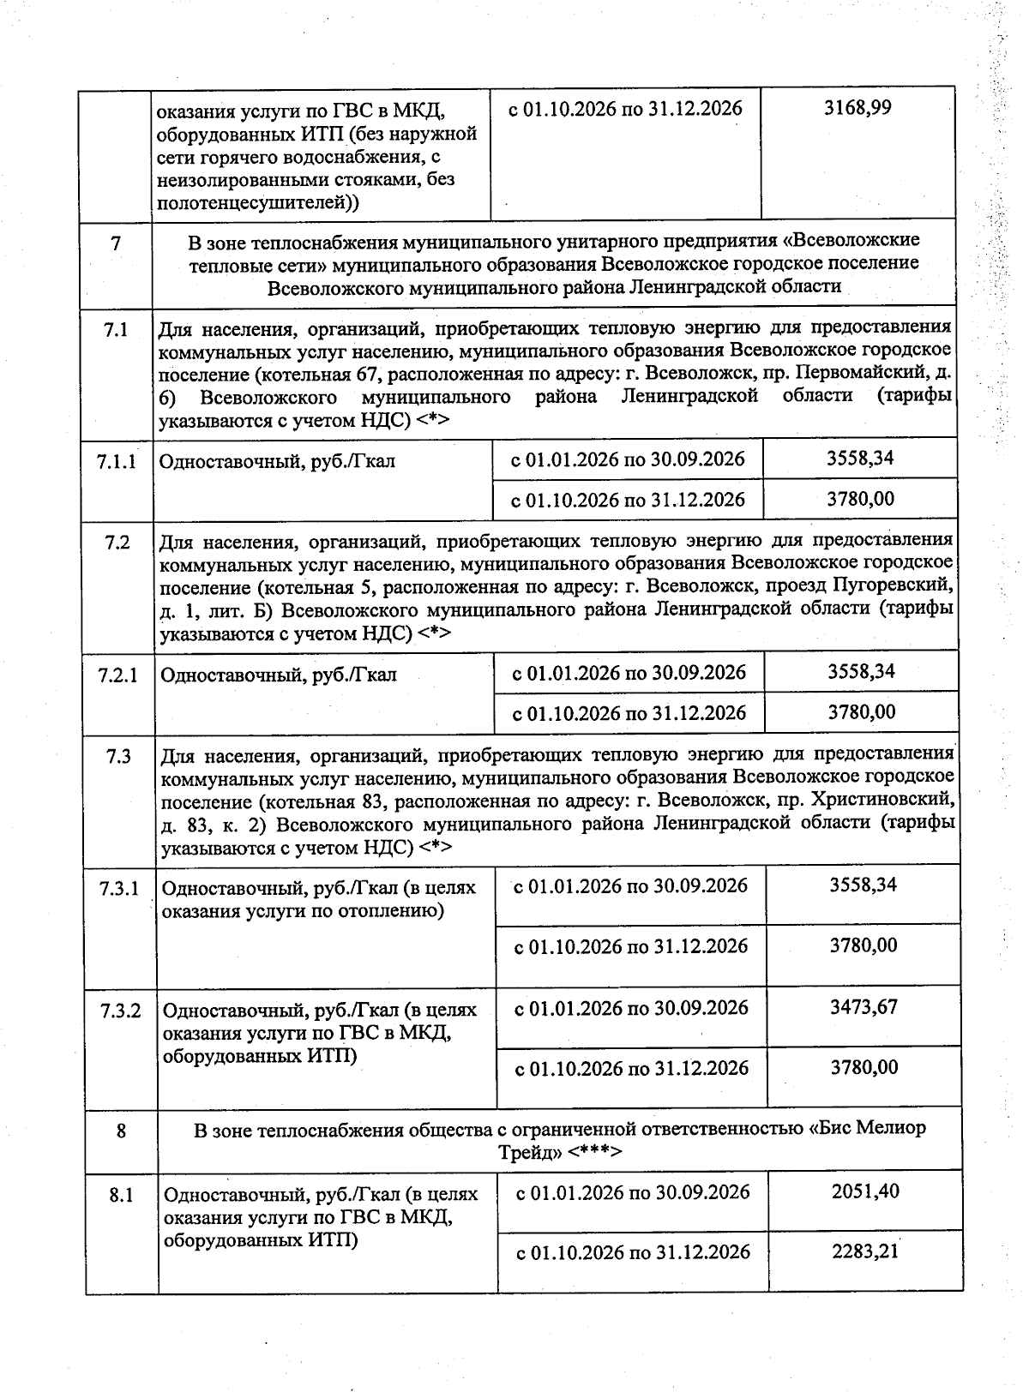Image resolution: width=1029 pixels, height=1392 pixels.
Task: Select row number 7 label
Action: [116, 243]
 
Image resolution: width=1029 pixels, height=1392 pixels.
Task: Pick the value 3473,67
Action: [864, 1006]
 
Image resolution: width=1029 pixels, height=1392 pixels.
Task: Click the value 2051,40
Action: [864, 1191]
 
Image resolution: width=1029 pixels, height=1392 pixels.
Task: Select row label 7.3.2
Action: [119, 1011]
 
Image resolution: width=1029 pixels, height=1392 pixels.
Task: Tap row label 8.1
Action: [121, 1195]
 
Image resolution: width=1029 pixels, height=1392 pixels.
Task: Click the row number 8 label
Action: [121, 1131]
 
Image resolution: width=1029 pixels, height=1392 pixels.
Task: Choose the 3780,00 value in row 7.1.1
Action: [860, 499]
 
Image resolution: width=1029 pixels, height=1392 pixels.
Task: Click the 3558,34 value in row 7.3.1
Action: [863, 885]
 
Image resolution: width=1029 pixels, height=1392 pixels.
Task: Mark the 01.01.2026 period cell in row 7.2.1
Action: [629, 673]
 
